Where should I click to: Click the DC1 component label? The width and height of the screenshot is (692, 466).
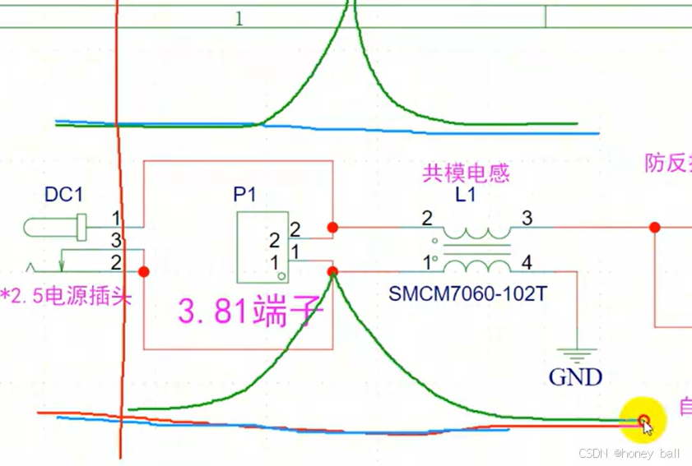[63, 195]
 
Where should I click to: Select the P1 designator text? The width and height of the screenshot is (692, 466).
[244, 195]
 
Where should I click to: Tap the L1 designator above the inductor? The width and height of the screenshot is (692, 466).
[466, 195]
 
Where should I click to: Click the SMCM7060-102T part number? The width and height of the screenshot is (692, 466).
[467, 293]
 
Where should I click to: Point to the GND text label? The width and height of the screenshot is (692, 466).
[575, 377]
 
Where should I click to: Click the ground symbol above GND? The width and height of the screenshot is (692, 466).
[575, 355]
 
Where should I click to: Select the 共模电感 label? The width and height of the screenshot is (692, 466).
[466, 173]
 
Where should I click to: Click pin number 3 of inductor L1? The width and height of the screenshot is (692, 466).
[527, 218]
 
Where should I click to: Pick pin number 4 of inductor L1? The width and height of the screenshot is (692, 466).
[527, 263]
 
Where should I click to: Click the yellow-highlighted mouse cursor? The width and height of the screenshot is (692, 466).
[644, 423]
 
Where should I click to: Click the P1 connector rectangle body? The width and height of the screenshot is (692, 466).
[262, 247]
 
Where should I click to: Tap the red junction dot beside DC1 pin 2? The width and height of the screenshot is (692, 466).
[144, 271]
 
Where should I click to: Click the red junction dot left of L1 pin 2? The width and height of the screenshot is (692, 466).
[332, 227]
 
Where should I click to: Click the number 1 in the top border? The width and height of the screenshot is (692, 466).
[239, 19]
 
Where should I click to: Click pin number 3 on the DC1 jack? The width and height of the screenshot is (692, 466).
[116, 240]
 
